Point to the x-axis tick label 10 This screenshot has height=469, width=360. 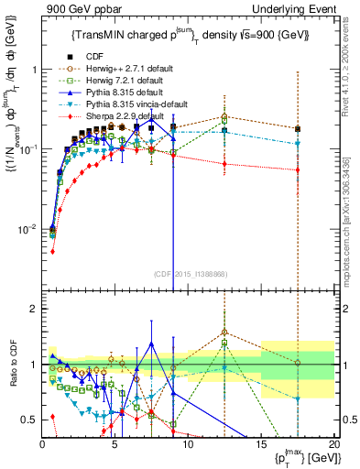pyautogui.click(x=187, y=449)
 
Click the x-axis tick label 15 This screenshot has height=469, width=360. pyautogui.click(x=260, y=449)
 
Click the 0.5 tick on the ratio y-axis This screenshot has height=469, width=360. pyautogui.click(x=29, y=420)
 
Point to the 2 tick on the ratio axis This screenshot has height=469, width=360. pyautogui.click(x=33, y=309)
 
